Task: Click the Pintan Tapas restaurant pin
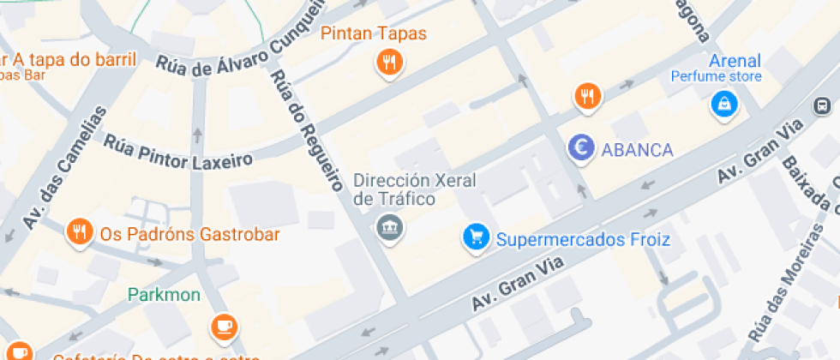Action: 390,63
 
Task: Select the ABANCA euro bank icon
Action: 582,148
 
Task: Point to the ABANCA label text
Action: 637,150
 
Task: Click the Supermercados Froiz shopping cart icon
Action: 475,237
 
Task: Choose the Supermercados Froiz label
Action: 583,240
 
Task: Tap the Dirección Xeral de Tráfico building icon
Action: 390,228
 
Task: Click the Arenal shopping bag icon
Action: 724,105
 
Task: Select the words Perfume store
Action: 716,77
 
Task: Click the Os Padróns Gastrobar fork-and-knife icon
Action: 80,231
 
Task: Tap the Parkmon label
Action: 164,296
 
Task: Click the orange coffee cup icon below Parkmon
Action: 225,326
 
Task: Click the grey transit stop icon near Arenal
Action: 821,107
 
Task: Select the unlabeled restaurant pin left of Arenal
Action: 587,96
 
